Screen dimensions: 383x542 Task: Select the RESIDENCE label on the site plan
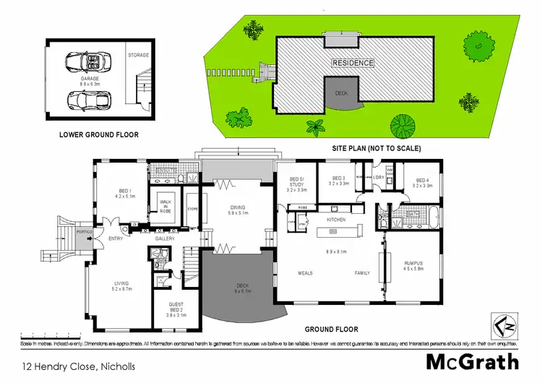click(353, 63)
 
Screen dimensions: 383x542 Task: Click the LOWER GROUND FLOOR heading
click(99, 134)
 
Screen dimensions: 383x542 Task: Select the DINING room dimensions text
click(238, 213)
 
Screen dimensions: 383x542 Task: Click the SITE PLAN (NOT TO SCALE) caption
click(376, 148)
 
